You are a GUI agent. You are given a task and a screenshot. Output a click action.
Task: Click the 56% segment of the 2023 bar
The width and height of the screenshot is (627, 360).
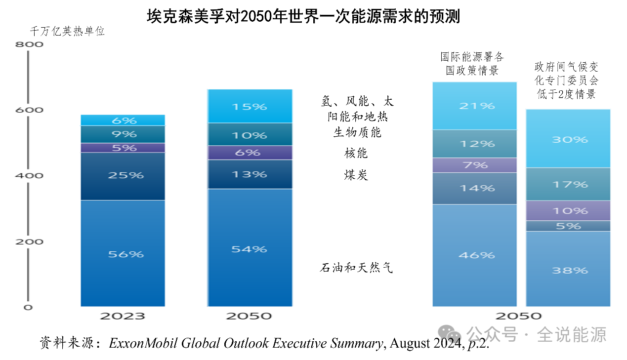123,253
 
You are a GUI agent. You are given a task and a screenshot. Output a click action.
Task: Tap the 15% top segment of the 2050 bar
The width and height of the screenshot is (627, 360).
250,106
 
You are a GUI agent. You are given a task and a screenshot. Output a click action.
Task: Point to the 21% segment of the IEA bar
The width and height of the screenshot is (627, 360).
474,106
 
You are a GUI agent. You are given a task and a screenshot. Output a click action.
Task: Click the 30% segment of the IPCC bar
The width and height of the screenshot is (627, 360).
568,139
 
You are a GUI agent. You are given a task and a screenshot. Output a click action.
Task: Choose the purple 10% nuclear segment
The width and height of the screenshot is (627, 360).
568,210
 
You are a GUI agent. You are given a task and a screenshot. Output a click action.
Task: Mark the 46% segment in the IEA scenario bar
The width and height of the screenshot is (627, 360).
474,255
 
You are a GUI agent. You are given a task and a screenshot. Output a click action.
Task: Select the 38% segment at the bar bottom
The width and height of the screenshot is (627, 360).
568,270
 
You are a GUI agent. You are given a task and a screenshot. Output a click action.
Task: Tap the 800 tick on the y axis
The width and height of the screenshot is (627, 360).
30,44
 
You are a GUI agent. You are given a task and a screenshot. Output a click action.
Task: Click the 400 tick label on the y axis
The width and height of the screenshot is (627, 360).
30,176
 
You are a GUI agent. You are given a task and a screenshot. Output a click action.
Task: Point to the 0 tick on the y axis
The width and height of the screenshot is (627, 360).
28,307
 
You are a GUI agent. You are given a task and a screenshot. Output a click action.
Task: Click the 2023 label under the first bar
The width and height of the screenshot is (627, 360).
123,316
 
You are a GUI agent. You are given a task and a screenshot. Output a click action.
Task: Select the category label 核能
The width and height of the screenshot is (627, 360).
356,153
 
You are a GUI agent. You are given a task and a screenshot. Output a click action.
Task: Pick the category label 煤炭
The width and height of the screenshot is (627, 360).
356,175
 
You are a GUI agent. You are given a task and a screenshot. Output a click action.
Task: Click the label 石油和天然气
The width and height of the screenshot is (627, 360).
356,268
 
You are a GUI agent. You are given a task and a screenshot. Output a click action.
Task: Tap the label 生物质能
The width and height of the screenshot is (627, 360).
357,132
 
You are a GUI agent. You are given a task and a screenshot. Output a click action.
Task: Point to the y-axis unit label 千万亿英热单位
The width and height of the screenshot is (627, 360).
67,31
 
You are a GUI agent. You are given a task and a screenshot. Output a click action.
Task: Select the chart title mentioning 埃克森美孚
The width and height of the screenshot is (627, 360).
303,17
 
